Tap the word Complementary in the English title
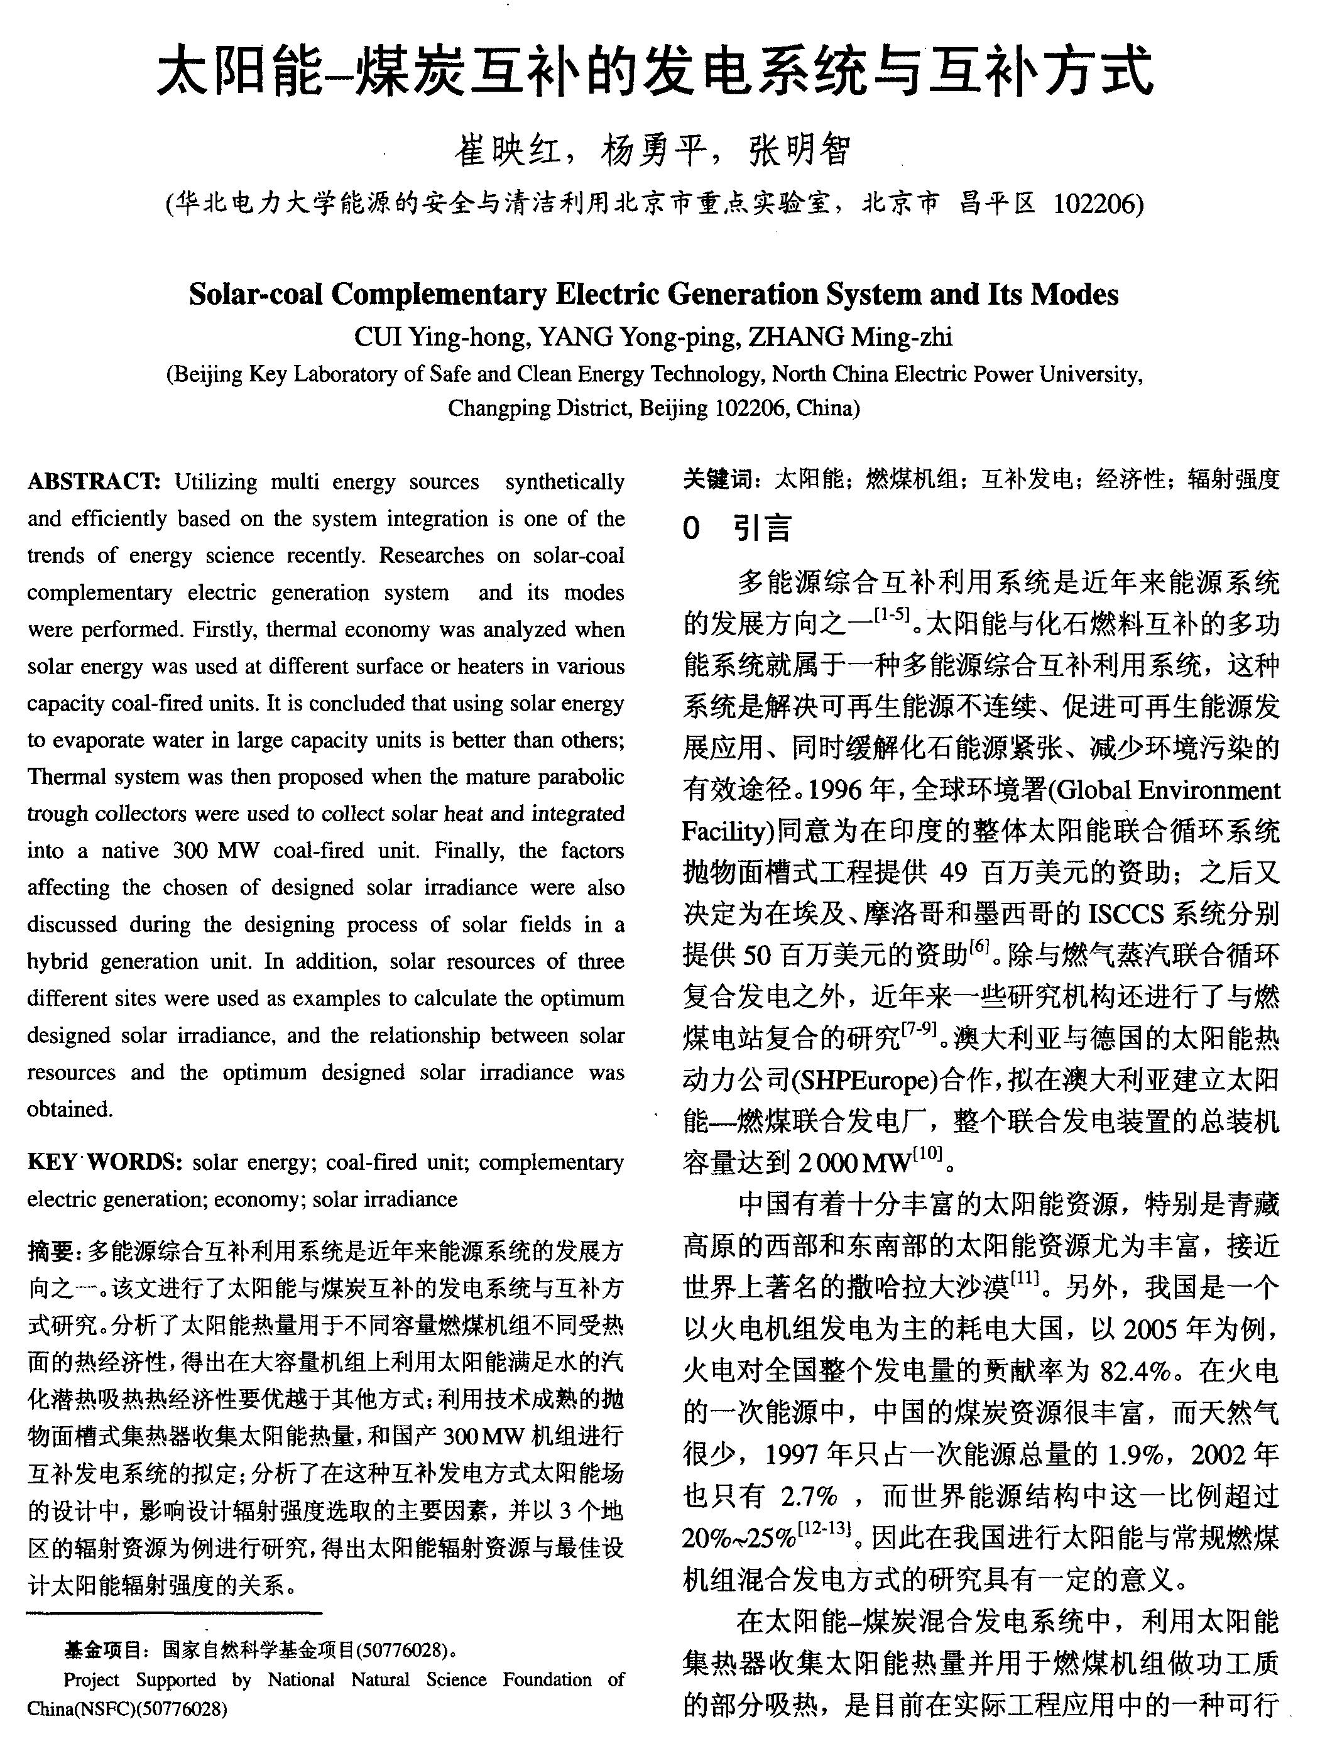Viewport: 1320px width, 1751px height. pyautogui.click(x=439, y=295)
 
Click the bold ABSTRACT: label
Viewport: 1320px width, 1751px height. pyautogui.click(x=94, y=481)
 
